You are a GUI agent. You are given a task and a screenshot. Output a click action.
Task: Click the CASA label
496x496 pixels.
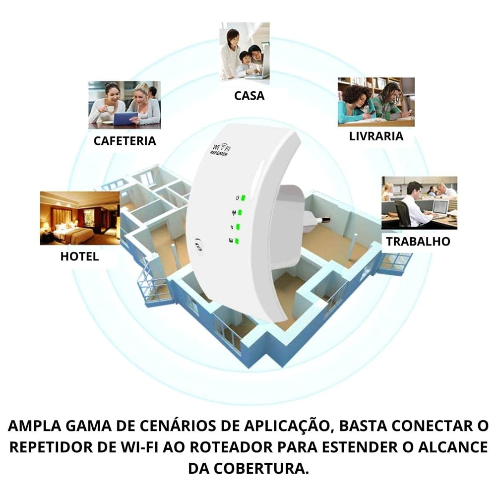(249, 96)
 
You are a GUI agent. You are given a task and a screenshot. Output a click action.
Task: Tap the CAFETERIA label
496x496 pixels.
(124, 141)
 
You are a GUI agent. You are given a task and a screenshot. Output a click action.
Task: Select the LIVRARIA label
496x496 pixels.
(376, 136)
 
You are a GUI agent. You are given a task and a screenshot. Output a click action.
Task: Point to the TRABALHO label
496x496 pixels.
(418, 242)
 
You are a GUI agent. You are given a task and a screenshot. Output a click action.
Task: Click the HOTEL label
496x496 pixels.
(80, 256)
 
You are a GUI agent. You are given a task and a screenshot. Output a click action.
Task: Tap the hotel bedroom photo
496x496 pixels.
(80, 218)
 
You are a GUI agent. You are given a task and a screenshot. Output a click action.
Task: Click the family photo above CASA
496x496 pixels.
(245, 53)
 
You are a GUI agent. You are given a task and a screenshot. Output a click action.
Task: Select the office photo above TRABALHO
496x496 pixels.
(419, 203)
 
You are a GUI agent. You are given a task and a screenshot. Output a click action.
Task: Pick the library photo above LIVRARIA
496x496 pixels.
(376, 102)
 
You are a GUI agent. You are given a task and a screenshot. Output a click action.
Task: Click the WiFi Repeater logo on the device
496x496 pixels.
(220, 149)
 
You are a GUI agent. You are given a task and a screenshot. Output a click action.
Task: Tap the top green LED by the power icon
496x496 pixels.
(243, 198)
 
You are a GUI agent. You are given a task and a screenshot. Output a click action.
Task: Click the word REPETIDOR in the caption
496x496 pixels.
(45, 447)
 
